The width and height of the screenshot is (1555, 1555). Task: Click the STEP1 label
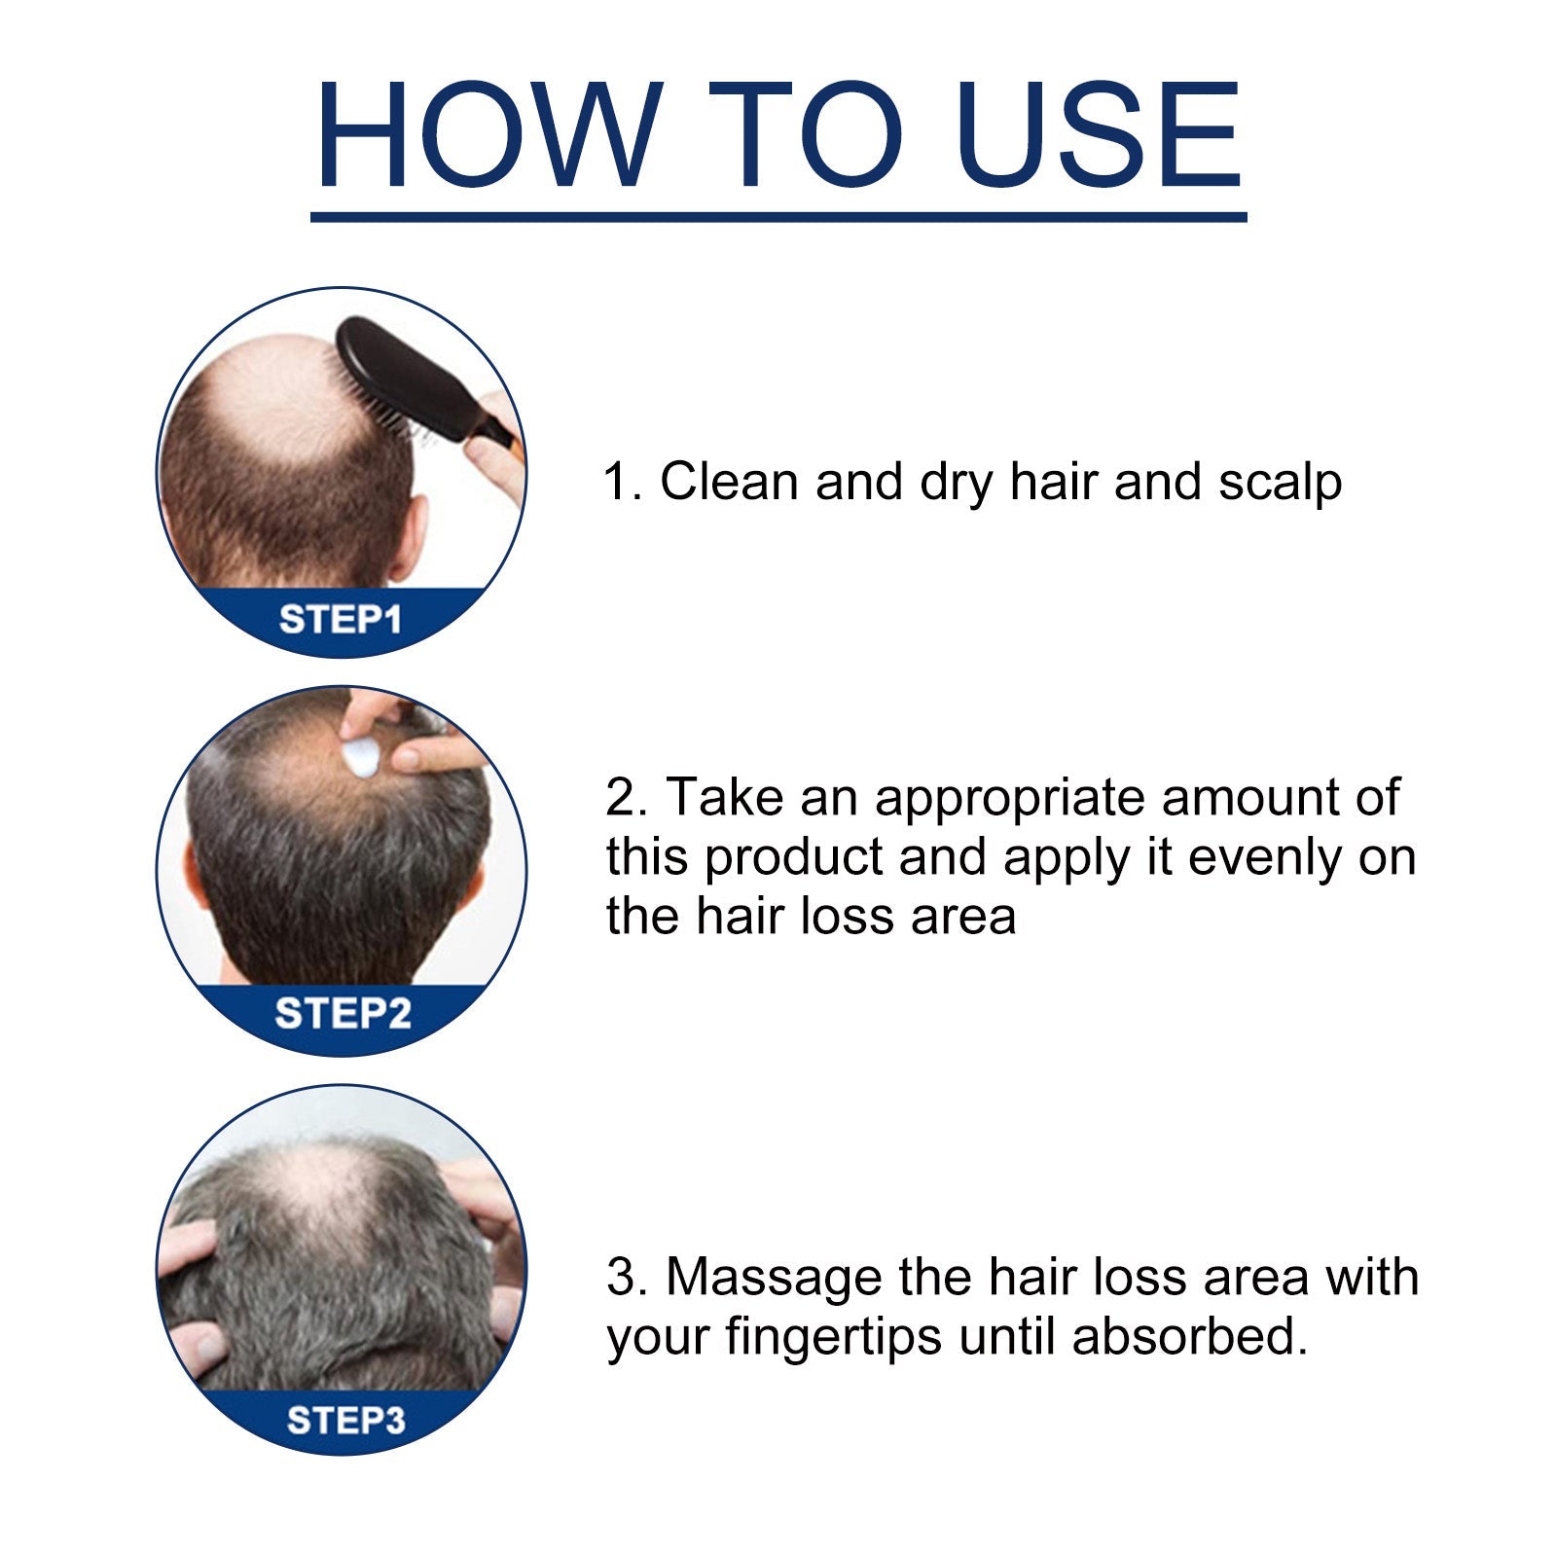(x=341, y=620)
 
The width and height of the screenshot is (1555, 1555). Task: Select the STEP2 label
(x=343, y=1014)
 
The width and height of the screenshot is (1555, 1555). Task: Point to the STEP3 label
(x=345, y=1421)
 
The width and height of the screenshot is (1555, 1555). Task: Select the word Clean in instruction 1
(x=729, y=481)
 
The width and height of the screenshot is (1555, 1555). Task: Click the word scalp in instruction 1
(x=1280, y=483)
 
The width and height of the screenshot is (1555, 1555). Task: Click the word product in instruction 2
(x=793, y=858)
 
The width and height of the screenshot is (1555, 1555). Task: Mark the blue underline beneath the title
(x=778, y=217)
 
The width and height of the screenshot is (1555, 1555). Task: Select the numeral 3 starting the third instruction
(x=620, y=1278)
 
